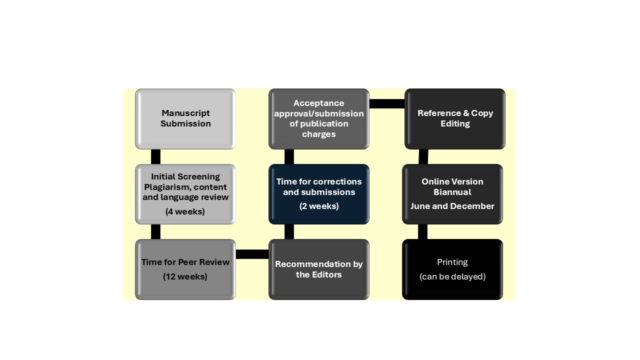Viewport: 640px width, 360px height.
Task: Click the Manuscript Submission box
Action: click(x=185, y=118)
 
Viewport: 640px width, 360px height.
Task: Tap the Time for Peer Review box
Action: click(x=185, y=269)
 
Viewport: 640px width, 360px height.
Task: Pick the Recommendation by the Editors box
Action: click(x=319, y=269)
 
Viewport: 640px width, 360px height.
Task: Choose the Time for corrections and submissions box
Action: click(x=319, y=194)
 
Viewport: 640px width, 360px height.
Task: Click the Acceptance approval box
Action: click(x=319, y=118)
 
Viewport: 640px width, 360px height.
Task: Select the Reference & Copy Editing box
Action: click(x=455, y=118)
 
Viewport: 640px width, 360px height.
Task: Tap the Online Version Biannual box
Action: click(x=452, y=194)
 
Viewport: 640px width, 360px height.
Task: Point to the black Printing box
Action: click(x=452, y=269)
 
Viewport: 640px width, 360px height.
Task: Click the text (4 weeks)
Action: click(x=185, y=211)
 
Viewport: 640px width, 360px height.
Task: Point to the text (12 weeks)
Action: click(x=185, y=276)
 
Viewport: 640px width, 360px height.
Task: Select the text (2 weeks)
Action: click(x=319, y=206)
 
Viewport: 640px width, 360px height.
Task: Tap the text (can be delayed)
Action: click(x=452, y=276)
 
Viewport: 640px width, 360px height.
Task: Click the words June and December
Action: click(x=452, y=206)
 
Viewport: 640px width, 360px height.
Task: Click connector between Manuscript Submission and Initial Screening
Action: click(x=155, y=156)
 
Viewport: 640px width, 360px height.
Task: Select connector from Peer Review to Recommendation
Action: click(x=252, y=254)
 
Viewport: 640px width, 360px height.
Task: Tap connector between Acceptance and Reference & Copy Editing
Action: click(x=386, y=103)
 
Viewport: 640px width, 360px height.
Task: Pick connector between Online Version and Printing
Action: click(x=422, y=231)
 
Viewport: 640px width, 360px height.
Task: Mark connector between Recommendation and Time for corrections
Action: click(x=289, y=231)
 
